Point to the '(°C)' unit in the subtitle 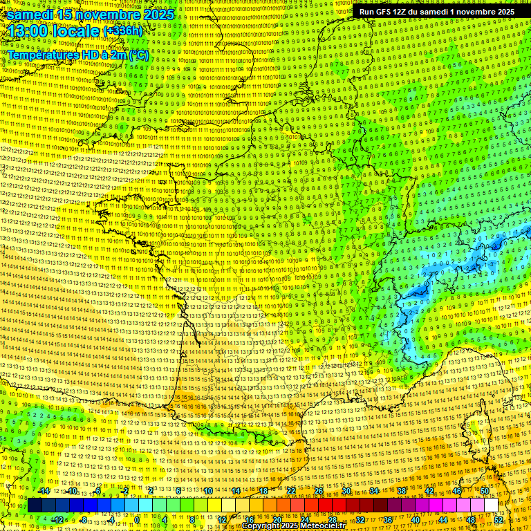pos(138,53)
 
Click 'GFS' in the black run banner pos(382,12)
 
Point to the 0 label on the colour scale pos(137,519)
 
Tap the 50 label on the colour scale pos(484,491)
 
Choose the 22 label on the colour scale pos(291,491)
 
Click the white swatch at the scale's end pos(491,505)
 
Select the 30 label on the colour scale pos(346,491)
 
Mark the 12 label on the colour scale pos(222,519)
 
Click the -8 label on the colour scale pos(83,519)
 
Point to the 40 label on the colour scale pos(416,519)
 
